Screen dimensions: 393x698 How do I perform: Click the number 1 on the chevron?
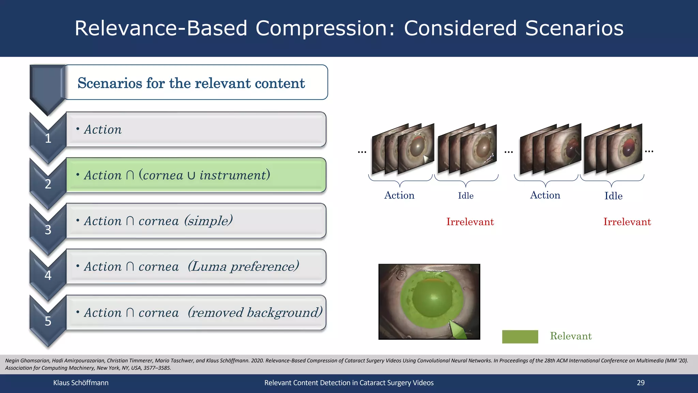48,138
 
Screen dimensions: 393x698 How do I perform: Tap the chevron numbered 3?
48,230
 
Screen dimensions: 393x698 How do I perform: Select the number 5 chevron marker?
48,321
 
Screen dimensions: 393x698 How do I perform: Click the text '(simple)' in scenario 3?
209,221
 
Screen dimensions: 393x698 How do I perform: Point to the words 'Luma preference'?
243,266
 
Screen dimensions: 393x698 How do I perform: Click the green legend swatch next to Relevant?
520,337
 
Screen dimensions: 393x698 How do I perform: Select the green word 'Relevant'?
571,336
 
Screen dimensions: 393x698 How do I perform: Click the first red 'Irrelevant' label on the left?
470,222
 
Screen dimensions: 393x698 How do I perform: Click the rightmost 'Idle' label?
613,196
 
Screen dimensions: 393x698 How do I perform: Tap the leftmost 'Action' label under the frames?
399,195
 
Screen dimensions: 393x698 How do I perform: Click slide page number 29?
640,383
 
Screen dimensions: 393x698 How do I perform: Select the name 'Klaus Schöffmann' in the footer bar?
81,383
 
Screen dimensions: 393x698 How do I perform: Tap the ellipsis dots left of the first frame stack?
362,152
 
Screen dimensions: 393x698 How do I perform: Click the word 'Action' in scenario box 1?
103,130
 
